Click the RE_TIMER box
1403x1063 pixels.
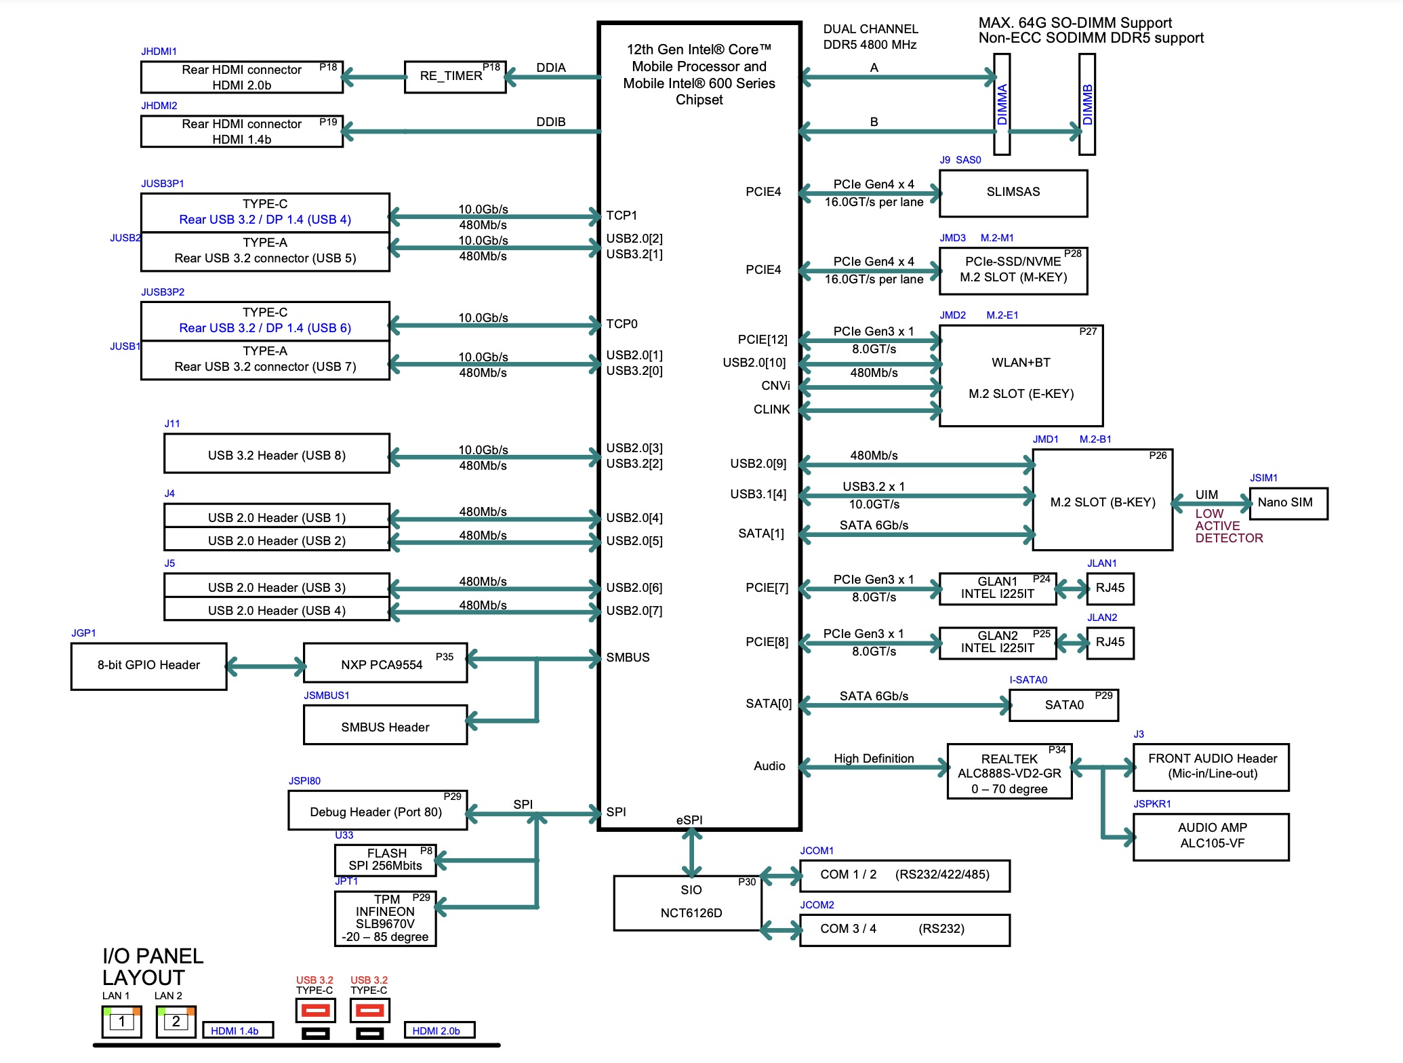pyautogui.click(x=455, y=77)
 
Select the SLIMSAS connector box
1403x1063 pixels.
pyautogui.click(x=1013, y=193)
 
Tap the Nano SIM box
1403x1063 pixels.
pyautogui.click(x=1288, y=503)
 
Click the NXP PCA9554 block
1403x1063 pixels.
pyautogui.click(x=385, y=664)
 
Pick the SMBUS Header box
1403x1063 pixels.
pyautogui.click(x=385, y=725)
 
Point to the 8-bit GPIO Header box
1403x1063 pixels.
pyautogui.click(x=148, y=666)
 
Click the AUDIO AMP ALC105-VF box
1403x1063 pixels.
pyautogui.click(x=1211, y=837)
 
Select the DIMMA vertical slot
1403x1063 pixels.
pyautogui.click(x=1002, y=104)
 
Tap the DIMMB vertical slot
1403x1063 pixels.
pyautogui.click(x=1087, y=104)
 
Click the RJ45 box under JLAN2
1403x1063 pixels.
pyautogui.click(x=1110, y=643)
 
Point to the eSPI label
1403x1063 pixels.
pyautogui.click(x=689, y=820)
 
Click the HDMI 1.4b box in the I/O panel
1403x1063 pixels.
pyautogui.click(x=238, y=1030)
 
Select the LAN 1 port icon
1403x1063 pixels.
pyautogui.click(x=122, y=1021)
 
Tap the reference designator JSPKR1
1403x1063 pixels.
pyautogui.click(x=1152, y=804)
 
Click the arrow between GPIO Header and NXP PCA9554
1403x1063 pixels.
pyautogui.click(x=265, y=666)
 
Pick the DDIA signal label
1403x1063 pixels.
pyautogui.click(x=550, y=68)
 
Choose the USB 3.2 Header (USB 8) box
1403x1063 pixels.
pyautogui.click(x=277, y=454)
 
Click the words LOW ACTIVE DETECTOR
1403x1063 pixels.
pyautogui.click(x=1228, y=526)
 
